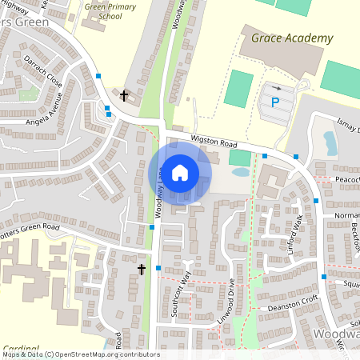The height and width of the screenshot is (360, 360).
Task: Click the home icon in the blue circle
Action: [x=180, y=172]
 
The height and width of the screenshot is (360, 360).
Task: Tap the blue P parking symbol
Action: [x=275, y=102]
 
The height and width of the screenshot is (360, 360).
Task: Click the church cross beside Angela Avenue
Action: [x=124, y=96]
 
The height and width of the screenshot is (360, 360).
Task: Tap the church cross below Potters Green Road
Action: [x=142, y=270]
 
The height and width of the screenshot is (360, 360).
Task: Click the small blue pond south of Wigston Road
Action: [x=239, y=172]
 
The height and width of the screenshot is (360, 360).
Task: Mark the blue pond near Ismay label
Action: [x=330, y=142]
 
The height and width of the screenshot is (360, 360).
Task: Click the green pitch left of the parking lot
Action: [x=237, y=88]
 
